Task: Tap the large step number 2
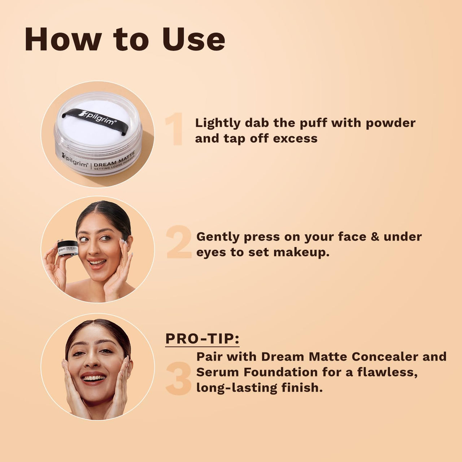click(179, 242)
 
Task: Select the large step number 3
click(179, 379)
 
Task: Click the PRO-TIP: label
click(202, 339)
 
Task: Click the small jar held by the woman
click(67, 248)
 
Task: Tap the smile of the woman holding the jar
click(97, 263)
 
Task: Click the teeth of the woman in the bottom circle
click(93, 378)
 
